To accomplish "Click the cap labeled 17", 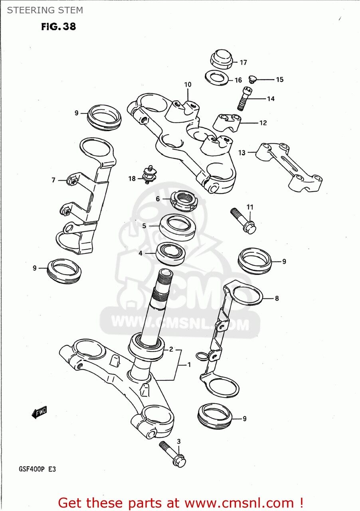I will coord(221,59).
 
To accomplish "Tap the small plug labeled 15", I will coord(251,79).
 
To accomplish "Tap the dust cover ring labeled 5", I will coord(178,226).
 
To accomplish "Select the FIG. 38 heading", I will coord(58,27).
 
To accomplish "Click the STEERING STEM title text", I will coord(45,10).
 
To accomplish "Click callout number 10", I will coord(188,85).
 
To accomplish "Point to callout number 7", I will coord(53,180).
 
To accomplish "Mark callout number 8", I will coord(277,298).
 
